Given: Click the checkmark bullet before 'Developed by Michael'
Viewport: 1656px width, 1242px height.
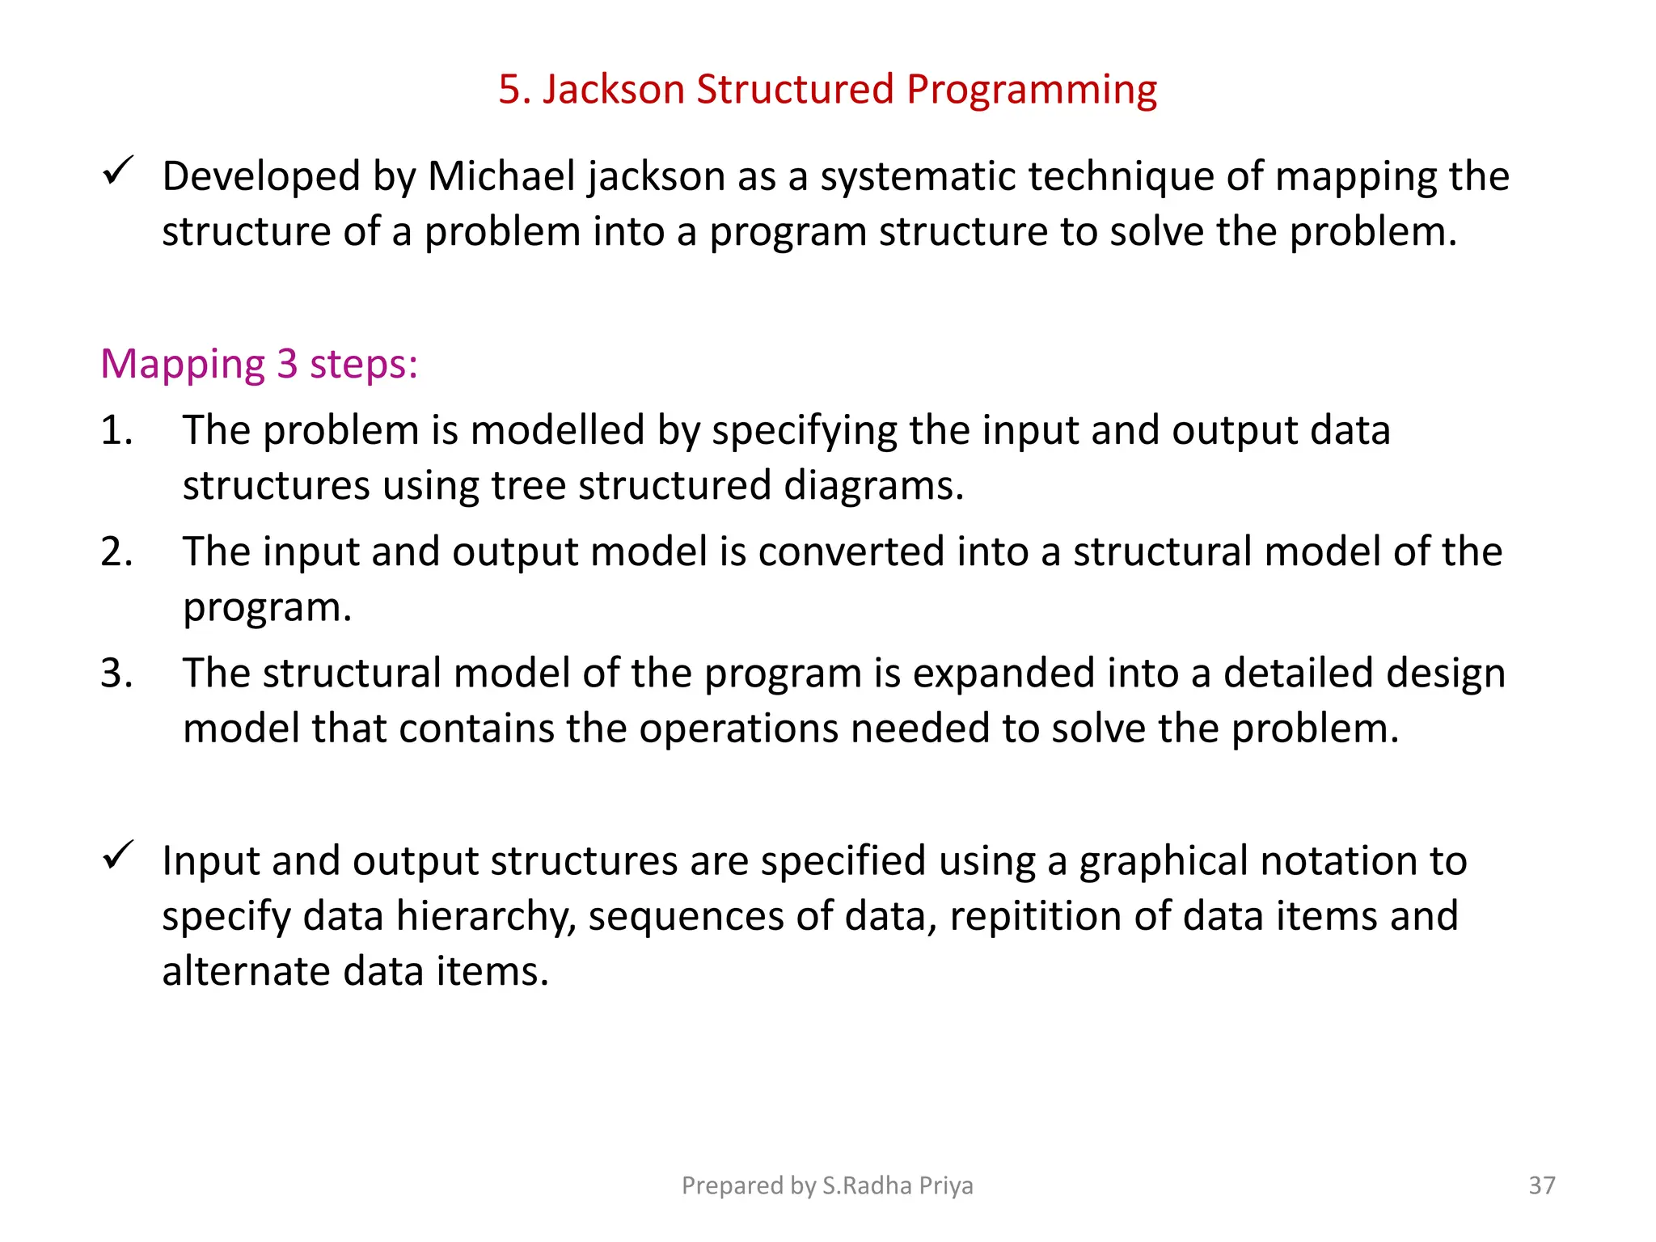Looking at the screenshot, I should point(118,171).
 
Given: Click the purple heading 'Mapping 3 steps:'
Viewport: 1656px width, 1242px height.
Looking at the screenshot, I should point(259,365).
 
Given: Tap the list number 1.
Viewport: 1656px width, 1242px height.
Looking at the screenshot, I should point(116,430).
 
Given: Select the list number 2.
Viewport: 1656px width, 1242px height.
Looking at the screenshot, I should point(116,551).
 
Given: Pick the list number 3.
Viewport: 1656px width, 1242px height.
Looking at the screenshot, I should point(116,673).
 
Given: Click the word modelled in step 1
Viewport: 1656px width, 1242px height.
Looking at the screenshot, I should point(557,430).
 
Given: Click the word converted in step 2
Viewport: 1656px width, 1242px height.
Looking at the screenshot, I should point(852,551).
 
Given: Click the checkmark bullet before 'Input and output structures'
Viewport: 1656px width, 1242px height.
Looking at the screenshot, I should point(118,855).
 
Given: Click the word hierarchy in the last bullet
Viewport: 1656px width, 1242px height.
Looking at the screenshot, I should point(486,917).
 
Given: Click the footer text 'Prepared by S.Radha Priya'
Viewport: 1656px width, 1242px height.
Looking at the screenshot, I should point(827,1185).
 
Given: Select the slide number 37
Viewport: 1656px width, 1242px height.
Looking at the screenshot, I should point(1541,1185).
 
